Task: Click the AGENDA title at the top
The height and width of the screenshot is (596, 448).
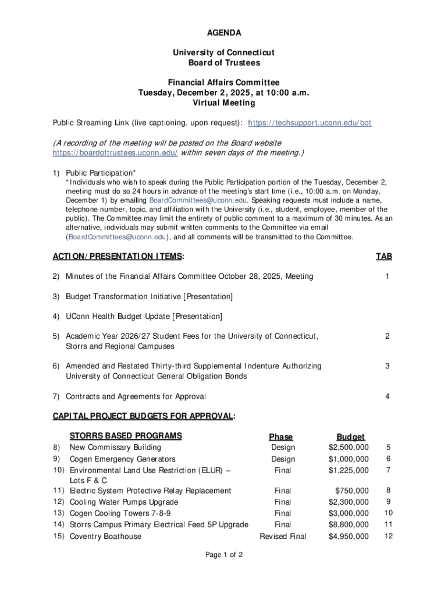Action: [x=223, y=33]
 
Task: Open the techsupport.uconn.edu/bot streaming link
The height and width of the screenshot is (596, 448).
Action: [x=310, y=123]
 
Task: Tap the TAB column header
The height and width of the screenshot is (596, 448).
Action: [x=383, y=256]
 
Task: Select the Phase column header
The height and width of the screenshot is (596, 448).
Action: [x=281, y=437]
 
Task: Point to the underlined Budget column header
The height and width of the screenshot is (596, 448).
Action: [x=350, y=437]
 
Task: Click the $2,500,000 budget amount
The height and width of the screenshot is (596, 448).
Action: [x=349, y=448]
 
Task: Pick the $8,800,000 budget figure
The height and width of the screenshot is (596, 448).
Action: [x=349, y=524]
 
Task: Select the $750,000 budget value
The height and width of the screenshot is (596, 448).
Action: [x=351, y=491]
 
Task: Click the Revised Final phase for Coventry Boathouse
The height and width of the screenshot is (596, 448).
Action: [x=283, y=536]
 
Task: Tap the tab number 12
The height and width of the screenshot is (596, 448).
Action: [x=389, y=536]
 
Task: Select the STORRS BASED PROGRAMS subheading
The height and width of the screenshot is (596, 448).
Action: [x=126, y=436]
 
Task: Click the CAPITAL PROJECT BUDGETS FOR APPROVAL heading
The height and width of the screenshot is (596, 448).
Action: [x=143, y=416]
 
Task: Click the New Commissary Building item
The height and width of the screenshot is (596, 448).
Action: [x=115, y=448]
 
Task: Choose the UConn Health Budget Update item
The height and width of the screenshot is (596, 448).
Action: [x=144, y=316]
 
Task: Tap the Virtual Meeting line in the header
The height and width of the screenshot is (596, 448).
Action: [x=223, y=103]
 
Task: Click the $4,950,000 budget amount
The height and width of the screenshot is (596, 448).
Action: [x=349, y=536]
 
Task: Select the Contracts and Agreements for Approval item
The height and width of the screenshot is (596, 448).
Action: [x=136, y=396]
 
